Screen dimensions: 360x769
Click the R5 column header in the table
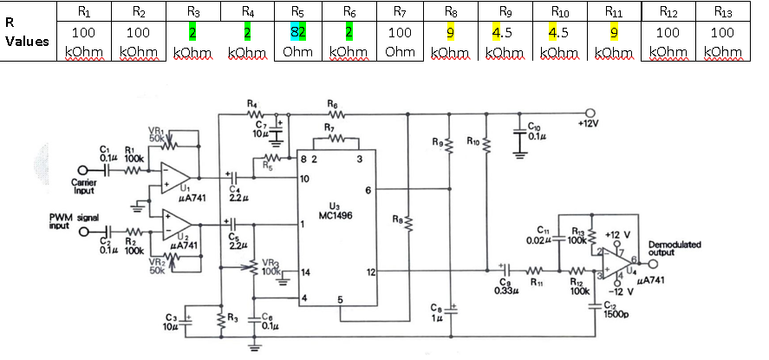(x=297, y=12)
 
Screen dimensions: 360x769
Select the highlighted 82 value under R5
(x=297, y=33)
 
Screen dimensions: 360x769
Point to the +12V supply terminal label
(x=590, y=124)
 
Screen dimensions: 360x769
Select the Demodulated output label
(x=675, y=249)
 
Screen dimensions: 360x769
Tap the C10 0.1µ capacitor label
(x=535, y=131)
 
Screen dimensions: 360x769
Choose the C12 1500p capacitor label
(x=614, y=310)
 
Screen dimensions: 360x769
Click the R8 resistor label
(x=397, y=220)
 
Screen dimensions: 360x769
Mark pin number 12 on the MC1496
(x=370, y=272)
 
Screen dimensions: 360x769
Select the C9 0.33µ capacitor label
(x=507, y=285)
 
